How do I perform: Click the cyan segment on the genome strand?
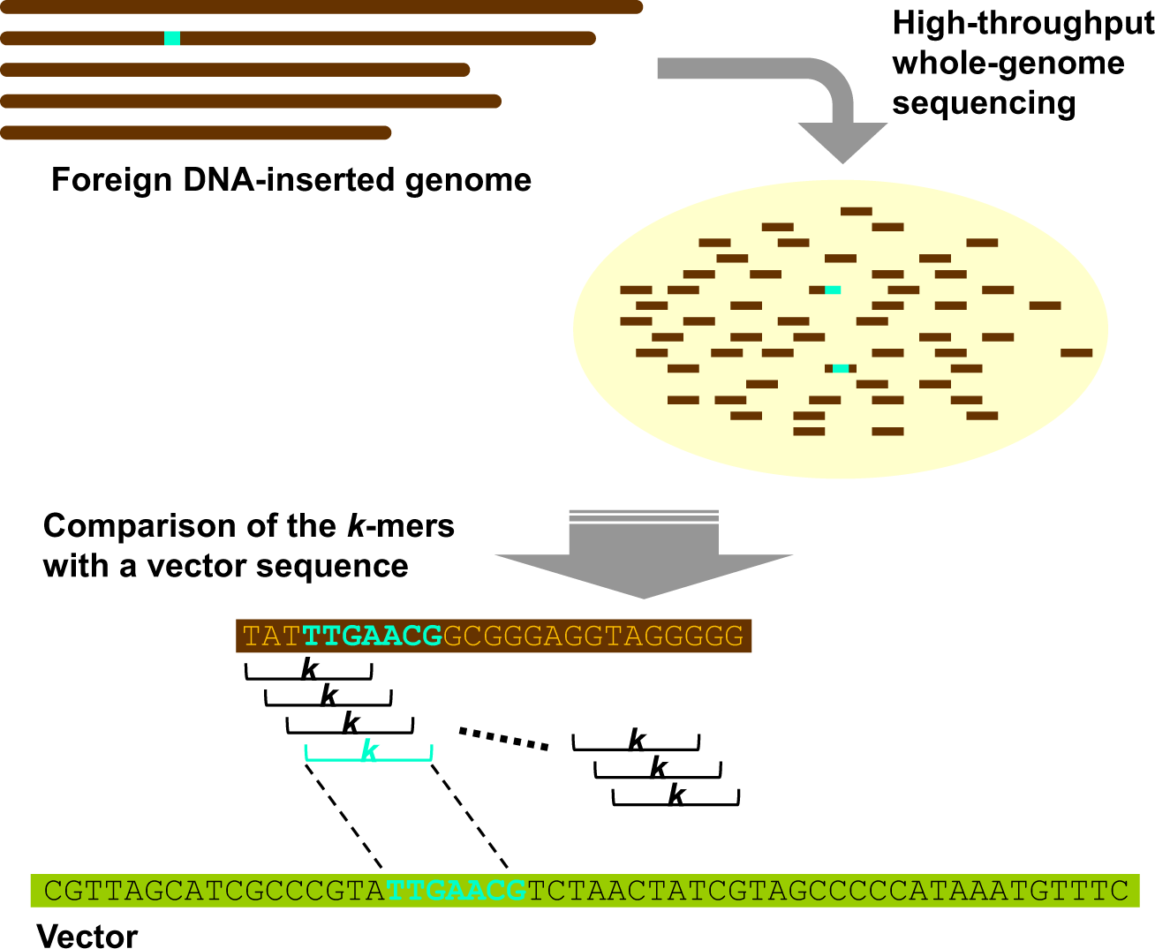click(172, 38)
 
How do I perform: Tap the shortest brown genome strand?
click(195, 133)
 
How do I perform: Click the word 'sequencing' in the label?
click(984, 104)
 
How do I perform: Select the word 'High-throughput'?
click(1023, 24)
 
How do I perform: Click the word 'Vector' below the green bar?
click(87, 936)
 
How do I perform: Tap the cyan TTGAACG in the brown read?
click(372, 636)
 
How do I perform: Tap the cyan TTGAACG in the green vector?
click(457, 891)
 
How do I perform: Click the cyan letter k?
click(369, 751)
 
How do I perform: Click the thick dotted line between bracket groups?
click(503, 738)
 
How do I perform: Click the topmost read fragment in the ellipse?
click(856, 212)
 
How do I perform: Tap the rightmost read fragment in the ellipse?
click(1076, 353)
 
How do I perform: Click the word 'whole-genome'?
click(1008, 64)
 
